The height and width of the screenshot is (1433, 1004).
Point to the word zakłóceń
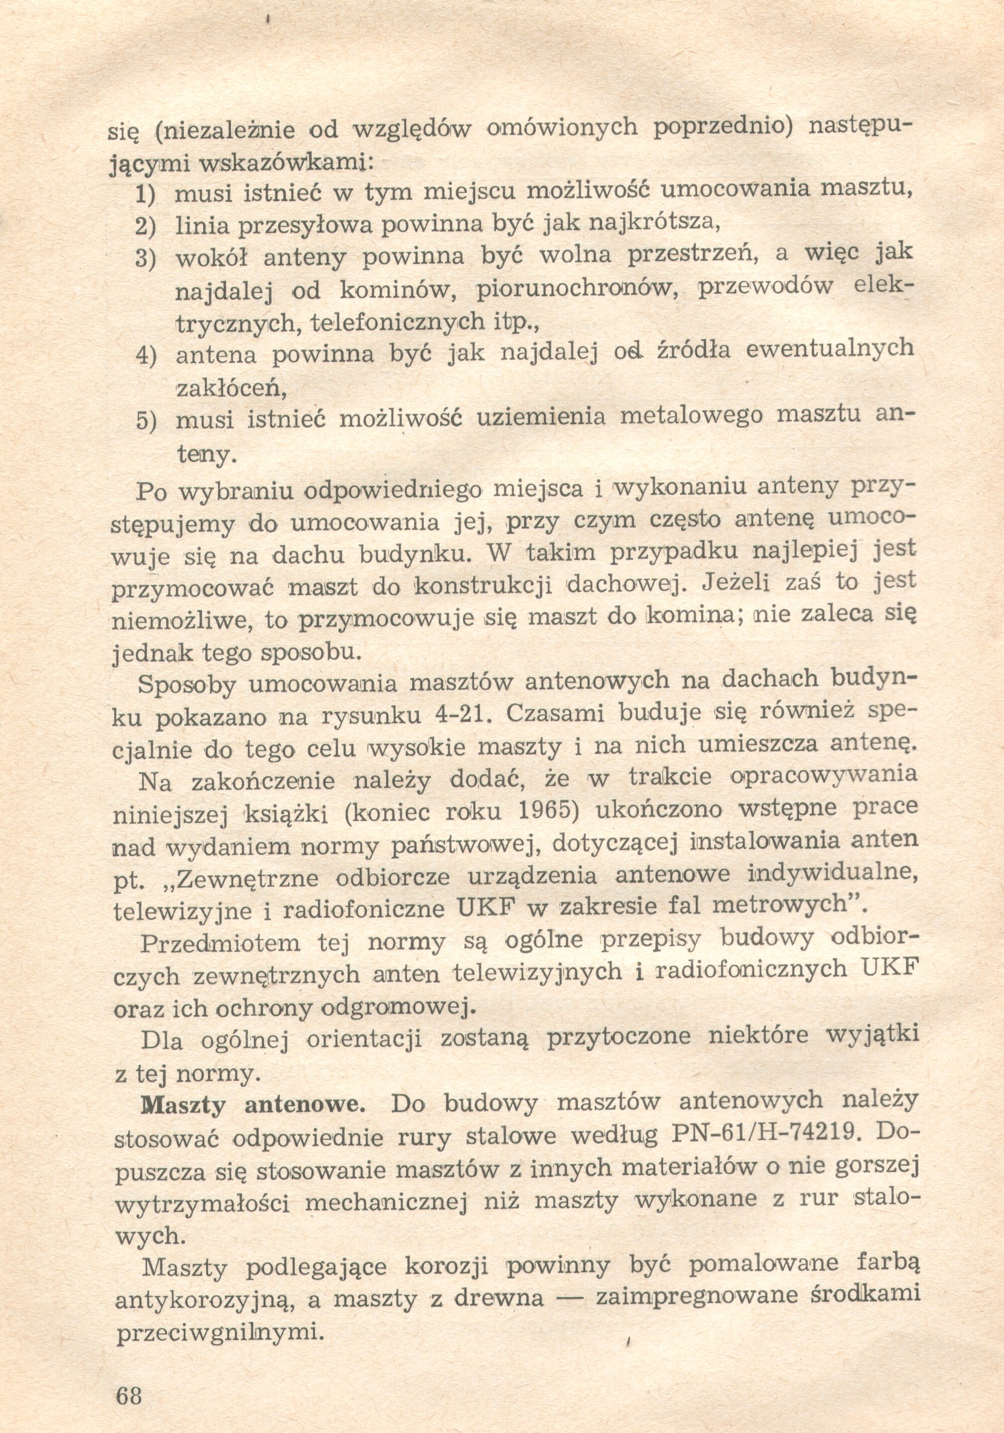[x=231, y=389]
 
